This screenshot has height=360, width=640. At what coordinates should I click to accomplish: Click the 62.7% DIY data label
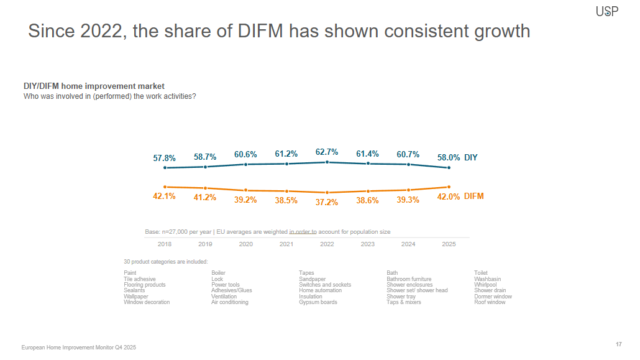[x=327, y=152]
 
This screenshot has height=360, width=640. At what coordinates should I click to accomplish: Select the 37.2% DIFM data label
[x=327, y=202]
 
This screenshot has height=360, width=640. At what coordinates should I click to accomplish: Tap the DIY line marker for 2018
[x=165, y=168]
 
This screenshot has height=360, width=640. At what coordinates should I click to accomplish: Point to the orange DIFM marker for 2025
[x=449, y=187]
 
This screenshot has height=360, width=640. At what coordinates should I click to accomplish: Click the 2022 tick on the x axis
[x=327, y=244]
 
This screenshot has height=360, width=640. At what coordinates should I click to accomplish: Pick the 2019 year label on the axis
[x=205, y=244]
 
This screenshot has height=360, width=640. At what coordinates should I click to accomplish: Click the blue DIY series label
[x=471, y=158]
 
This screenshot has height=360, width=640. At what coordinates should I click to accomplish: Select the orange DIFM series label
[x=473, y=196]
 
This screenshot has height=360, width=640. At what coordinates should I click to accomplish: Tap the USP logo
[x=607, y=11]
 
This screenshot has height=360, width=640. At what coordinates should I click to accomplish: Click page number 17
[x=618, y=344]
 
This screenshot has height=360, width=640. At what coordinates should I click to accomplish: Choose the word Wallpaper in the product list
[x=136, y=297]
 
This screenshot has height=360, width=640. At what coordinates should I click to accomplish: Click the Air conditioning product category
[x=229, y=302]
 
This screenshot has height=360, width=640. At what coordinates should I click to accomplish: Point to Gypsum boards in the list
[x=318, y=302]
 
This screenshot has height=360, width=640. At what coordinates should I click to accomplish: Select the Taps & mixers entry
[x=403, y=302]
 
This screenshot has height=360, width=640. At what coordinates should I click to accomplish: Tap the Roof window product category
[x=490, y=302]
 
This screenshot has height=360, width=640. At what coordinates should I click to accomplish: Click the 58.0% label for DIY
[x=449, y=158]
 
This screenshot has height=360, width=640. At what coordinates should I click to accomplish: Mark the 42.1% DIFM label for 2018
[x=164, y=196]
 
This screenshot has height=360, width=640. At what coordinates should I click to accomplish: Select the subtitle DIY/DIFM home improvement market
[x=94, y=86]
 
